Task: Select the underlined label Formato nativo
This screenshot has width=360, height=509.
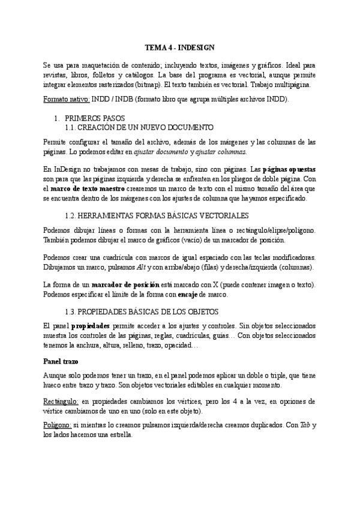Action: [x=67, y=100]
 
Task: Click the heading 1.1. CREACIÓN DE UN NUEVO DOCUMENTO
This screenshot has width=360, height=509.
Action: [x=139, y=128]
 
